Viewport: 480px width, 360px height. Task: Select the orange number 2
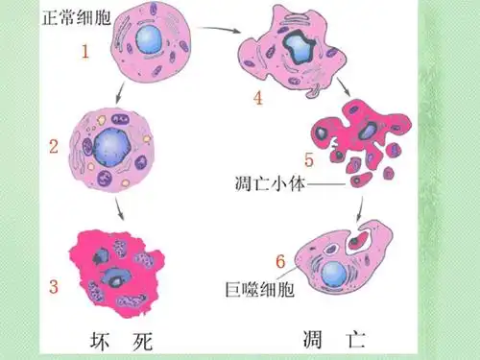(55, 147)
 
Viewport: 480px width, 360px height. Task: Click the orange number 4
(258, 96)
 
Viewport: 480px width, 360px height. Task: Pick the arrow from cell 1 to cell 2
(118, 93)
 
